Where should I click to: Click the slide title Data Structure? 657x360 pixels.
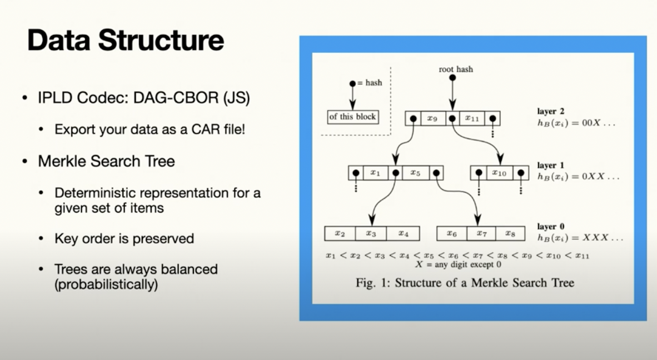(x=125, y=41)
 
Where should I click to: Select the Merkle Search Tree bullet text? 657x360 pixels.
(x=106, y=162)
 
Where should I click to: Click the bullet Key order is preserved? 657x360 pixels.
(x=124, y=239)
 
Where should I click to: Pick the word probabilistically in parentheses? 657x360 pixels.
(x=106, y=285)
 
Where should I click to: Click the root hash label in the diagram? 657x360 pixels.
(x=456, y=69)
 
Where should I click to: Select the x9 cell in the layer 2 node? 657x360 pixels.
(x=431, y=118)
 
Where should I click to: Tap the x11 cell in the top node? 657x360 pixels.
(x=471, y=118)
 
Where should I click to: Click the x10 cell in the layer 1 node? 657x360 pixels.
(x=499, y=173)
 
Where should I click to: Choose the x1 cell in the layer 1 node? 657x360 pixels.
(x=375, y=173)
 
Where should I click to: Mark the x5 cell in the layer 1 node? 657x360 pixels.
(x=415, y=173)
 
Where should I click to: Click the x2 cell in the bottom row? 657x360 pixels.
(x=340, y=233)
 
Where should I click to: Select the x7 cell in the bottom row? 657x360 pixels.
(x=481, y=233)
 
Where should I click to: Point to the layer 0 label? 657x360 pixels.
(x=550, y=227)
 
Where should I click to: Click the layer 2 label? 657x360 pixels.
(x=550, y=111)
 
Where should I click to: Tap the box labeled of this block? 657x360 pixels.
(x=352, y=117)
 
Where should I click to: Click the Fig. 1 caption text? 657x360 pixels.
(x=465, y=283)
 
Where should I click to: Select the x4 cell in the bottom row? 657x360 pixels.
(x=403, y=233)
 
